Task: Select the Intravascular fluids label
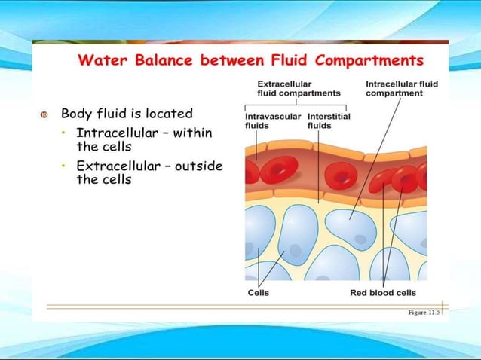coord(272,121)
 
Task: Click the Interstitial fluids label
coord(328,121)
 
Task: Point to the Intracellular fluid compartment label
coord(401,88)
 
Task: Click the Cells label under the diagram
coord(259,293)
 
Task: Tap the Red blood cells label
coord(383,293)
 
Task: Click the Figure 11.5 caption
coord(423,311)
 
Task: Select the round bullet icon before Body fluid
coord(44,114)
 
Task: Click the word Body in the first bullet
coord(75,114)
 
